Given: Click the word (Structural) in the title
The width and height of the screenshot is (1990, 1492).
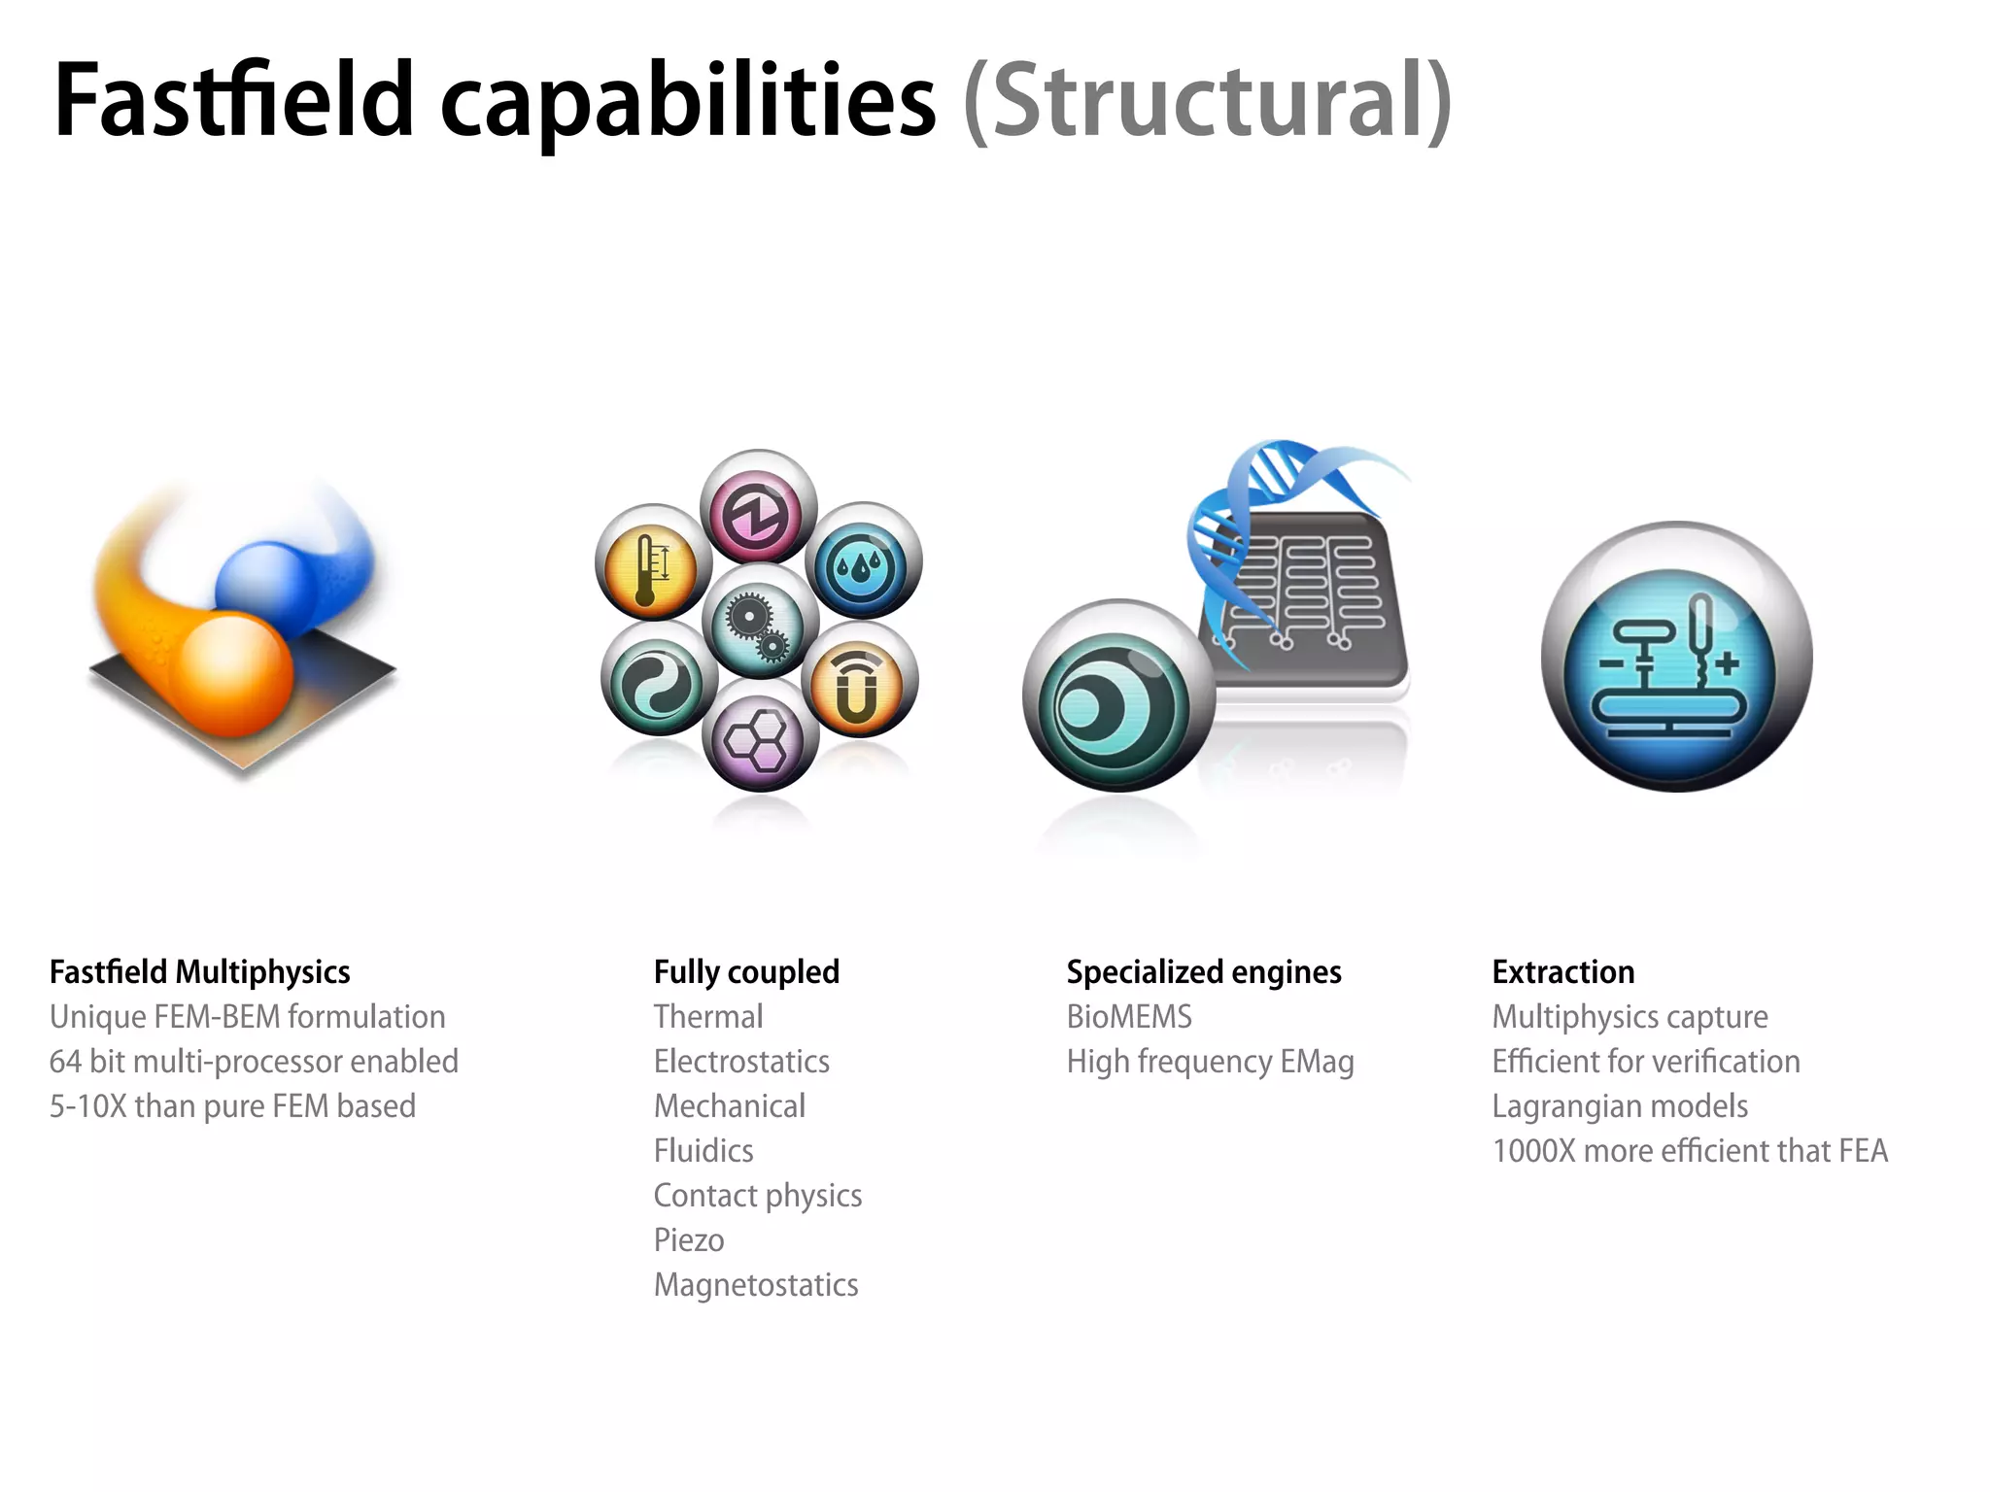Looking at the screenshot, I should coord(1207,101).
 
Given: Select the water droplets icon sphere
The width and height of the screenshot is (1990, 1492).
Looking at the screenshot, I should coord(862,562).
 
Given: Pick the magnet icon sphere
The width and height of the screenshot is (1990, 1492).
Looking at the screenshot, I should coord(858,681).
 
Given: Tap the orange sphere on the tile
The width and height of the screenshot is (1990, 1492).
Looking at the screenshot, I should coord(236,673).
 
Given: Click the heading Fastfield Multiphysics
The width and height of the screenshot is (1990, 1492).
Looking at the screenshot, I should coord(199,971).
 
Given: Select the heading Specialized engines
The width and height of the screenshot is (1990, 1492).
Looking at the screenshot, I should coord(1203,971).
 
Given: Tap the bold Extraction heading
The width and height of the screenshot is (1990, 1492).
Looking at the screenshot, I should coord(1562,971).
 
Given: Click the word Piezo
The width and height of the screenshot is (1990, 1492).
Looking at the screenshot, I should coord(689,1240).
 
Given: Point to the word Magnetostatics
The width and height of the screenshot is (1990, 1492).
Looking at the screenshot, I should coord(756,1285).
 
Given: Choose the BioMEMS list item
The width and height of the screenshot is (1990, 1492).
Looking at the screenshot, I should coord(1129,1017).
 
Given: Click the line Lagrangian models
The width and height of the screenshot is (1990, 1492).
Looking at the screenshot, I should coord(1620,1106).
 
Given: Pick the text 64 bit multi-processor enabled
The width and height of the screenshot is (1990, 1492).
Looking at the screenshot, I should coord(254,1062).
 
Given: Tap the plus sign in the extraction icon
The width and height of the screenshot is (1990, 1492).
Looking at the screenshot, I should coord(1727,664).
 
